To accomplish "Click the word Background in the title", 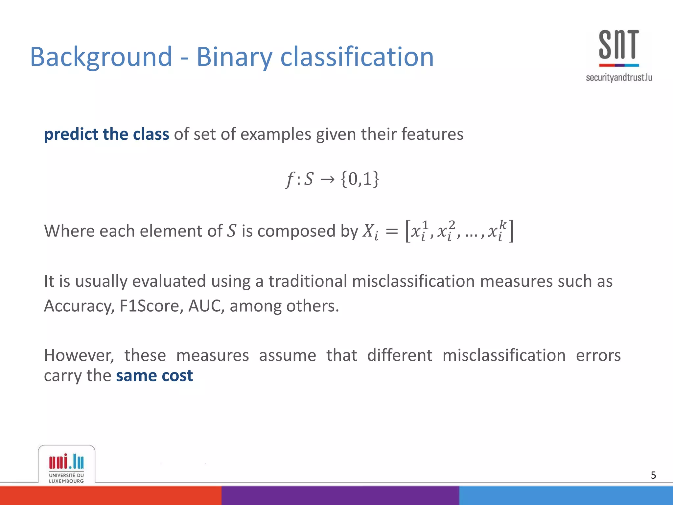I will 101,57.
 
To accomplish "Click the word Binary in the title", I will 234,57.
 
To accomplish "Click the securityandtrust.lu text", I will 619,78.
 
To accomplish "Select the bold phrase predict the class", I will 106,134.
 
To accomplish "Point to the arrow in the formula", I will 327,180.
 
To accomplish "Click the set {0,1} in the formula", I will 360,179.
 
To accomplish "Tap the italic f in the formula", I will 290,180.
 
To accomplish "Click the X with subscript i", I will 370,231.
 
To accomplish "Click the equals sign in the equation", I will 392,231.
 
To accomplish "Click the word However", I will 79,355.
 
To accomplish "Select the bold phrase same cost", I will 154,375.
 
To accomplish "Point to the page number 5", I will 653,475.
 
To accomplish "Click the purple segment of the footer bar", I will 340,495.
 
